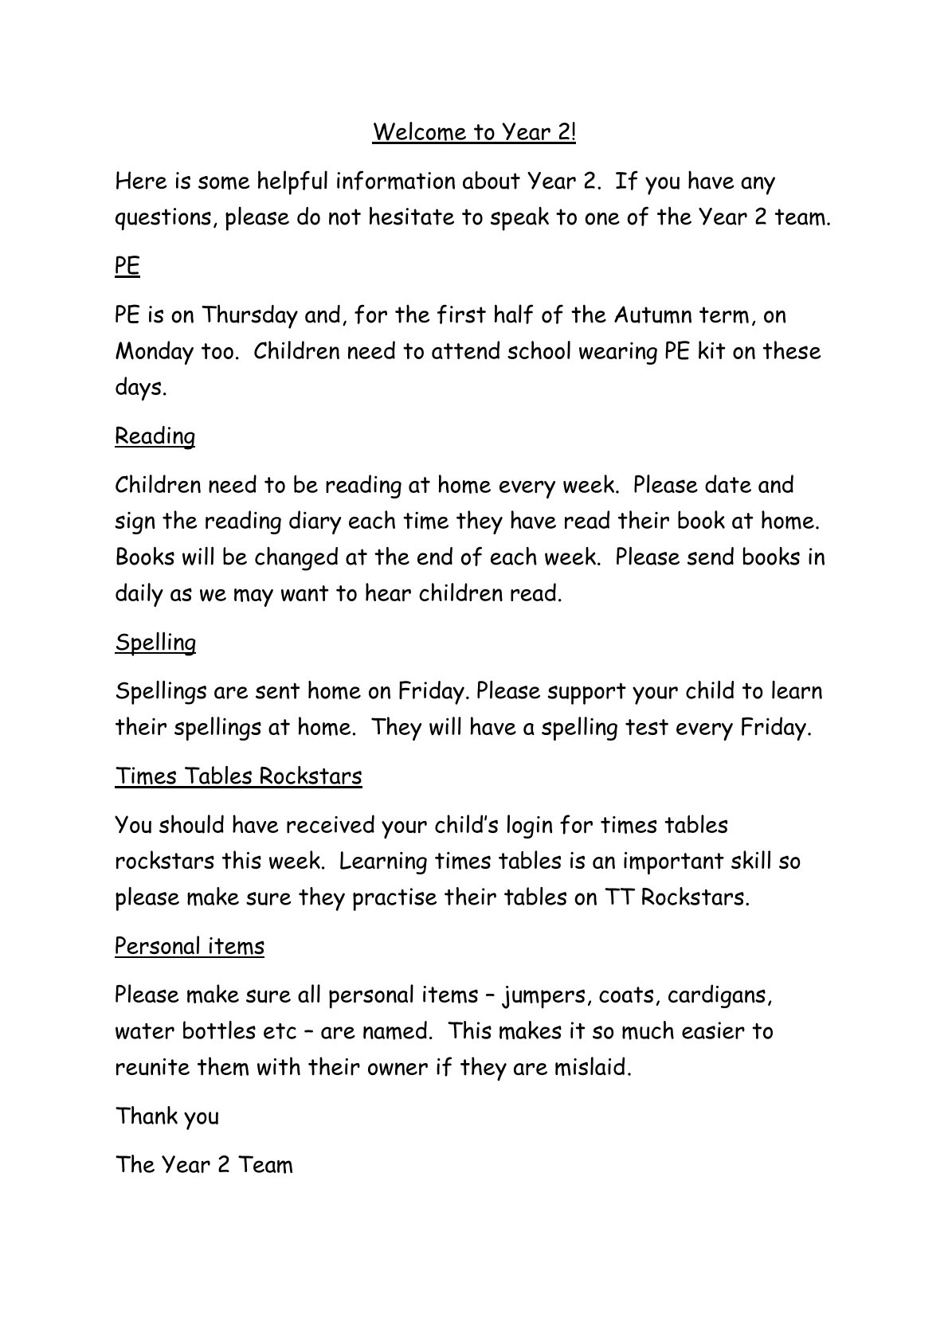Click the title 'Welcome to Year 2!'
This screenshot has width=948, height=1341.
(474, 132)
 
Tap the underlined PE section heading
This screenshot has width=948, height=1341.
(127, 267)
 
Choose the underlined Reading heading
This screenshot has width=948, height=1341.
(155, 436)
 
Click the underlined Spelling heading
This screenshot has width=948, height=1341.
(155, 643)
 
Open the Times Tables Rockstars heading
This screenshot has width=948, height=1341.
(238, 776)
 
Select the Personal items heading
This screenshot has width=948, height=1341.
(190, 946)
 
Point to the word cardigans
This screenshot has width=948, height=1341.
(719, 995)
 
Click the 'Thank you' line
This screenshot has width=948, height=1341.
(167, 1116)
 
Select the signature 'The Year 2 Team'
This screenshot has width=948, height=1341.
(205, 1165)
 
